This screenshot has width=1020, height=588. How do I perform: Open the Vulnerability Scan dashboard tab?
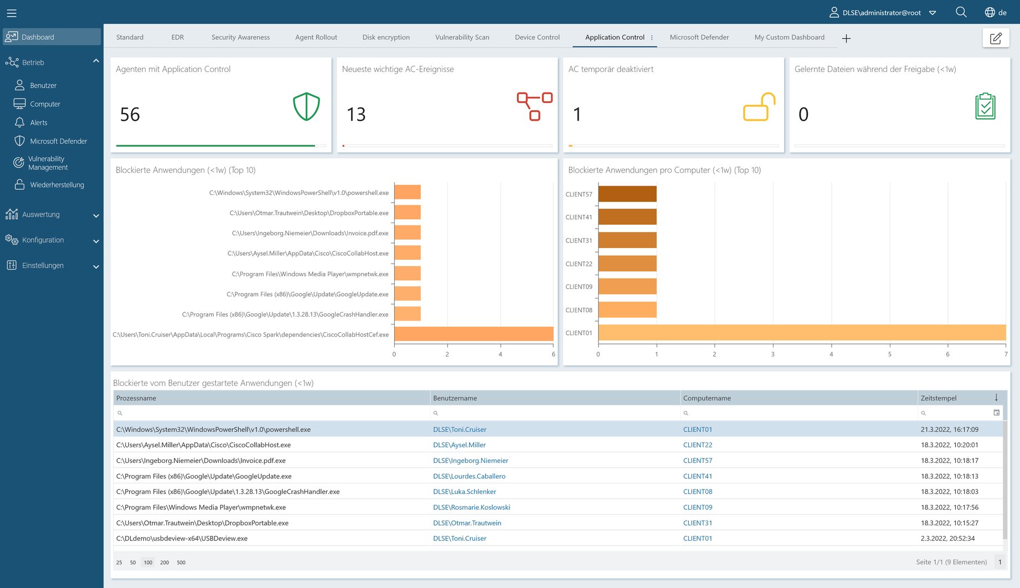tap(462, 37)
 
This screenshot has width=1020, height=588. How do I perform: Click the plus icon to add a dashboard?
tap(846, 38)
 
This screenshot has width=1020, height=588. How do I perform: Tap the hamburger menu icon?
tap(12, 13)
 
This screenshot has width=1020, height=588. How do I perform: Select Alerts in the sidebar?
tap(38, 122)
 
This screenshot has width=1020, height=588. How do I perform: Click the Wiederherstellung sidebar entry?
tap(56, 185)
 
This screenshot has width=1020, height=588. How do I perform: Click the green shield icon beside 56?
tap(306, 106)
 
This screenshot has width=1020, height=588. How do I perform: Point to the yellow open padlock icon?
tap(759, 107)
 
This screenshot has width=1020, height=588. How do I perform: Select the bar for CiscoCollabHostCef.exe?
tap(473, 334)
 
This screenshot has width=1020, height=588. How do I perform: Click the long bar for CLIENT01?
tap(801, 332)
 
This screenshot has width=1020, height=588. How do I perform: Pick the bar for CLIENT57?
tap(627, 194)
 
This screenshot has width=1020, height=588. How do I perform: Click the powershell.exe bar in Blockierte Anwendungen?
tap(408, 192)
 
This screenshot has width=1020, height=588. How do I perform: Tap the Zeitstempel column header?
tap(938, 398)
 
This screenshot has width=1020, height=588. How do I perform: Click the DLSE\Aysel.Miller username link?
tap(459, 445)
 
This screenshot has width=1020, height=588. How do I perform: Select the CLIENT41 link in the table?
tap(697, 476)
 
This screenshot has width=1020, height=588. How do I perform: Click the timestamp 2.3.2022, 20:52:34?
tap(947, 538)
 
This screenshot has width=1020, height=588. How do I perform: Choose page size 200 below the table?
tap(164, 563)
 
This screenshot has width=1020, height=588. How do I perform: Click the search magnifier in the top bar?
tap(961, 12)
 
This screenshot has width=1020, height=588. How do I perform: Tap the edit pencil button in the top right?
tap(996, 38)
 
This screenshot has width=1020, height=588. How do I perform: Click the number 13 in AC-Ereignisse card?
tap(356, 115)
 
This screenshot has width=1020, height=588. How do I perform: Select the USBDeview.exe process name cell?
tap(182, 538)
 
